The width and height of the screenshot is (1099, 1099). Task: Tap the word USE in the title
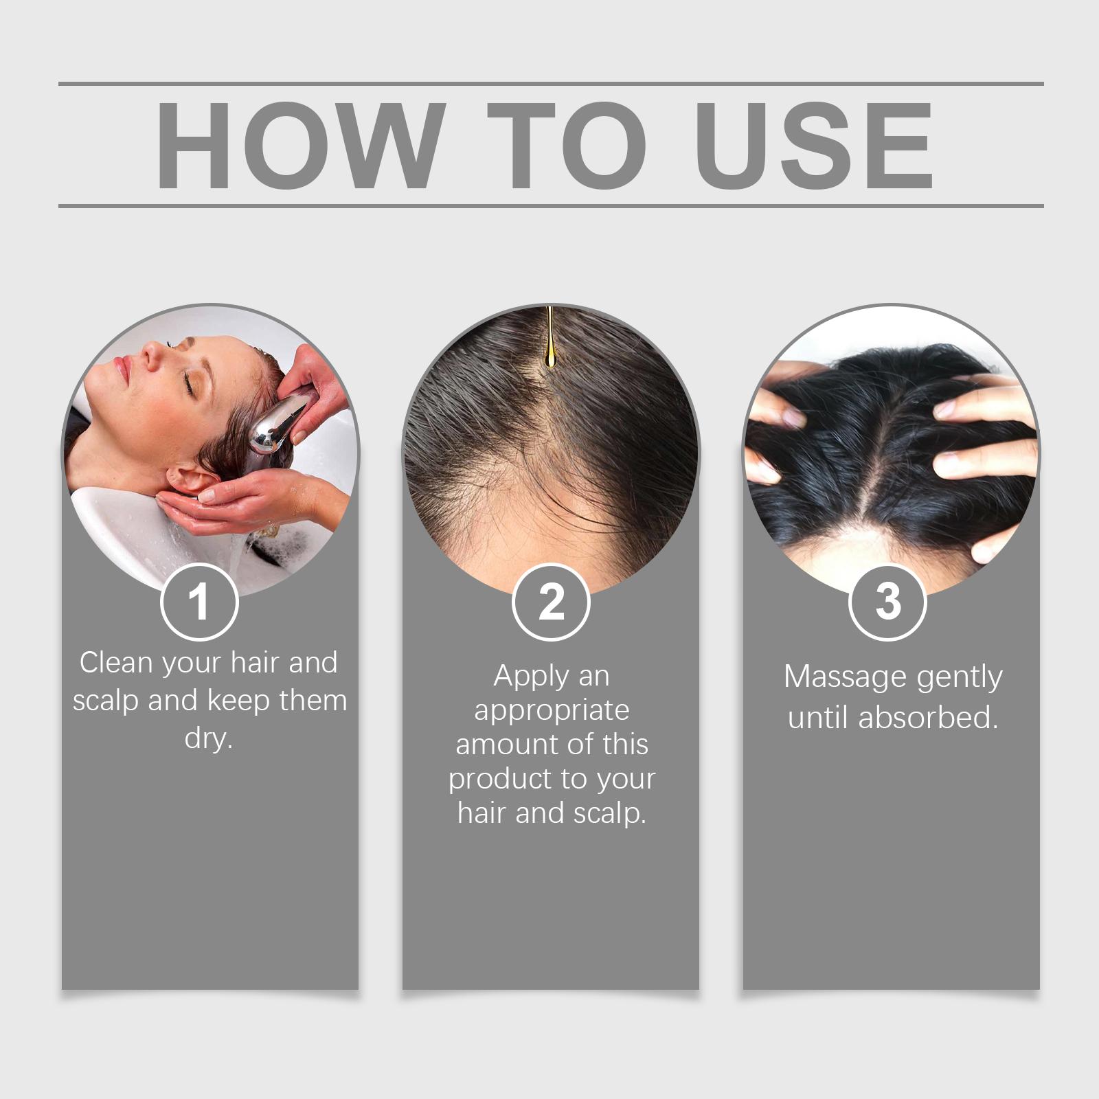click(x=817, y=145)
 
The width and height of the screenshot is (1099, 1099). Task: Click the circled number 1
click(x=199, y=602)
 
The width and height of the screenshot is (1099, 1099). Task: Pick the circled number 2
click(x=551, y=602)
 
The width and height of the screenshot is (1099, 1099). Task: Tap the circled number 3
click(x=888, y=602)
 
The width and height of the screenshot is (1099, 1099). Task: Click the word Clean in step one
click(x=117, y=663)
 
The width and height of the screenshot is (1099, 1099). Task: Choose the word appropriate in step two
click(x=552, y=711)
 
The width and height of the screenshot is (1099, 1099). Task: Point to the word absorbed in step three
click(x=928, y=718)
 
